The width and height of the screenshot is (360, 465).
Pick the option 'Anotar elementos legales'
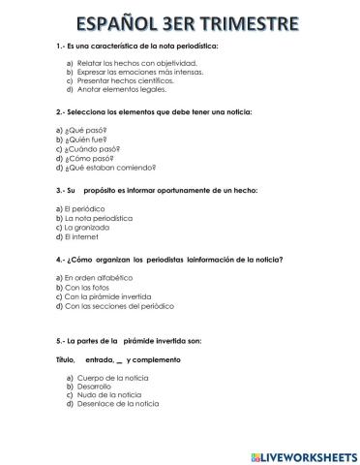[116, 89]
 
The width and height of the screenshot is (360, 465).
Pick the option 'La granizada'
[86, 228]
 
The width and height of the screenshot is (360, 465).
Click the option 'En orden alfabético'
[97, 278]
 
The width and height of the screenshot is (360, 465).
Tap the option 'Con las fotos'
[87, 288]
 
